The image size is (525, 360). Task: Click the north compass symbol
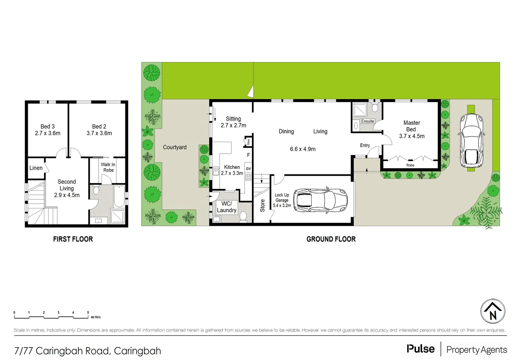click(x=493, y=311)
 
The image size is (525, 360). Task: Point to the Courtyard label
click(x=175, y=147)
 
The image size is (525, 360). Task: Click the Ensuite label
click(x=367, y=121)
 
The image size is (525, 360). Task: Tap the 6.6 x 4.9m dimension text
click(x=303, y=149)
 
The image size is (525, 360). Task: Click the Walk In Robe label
click(x=108, y=167)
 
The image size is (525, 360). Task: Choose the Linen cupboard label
click(x=36, y=168)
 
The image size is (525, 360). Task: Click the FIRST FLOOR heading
click(x=73, y=239)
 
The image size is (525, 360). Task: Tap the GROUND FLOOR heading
click(x=331, y=239)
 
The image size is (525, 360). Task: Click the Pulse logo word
click(x=421, y=349)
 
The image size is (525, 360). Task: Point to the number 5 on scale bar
click(x=88, y=313)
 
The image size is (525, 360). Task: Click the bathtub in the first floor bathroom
click(x=119, y=196)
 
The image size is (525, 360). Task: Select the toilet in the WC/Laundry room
click(x=243, y=216)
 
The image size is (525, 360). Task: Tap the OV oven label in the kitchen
click(x=248, y=169)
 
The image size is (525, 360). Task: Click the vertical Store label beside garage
click(x=262, y=205)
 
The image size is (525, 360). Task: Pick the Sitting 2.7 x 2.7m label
click(x=233, y=122)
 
